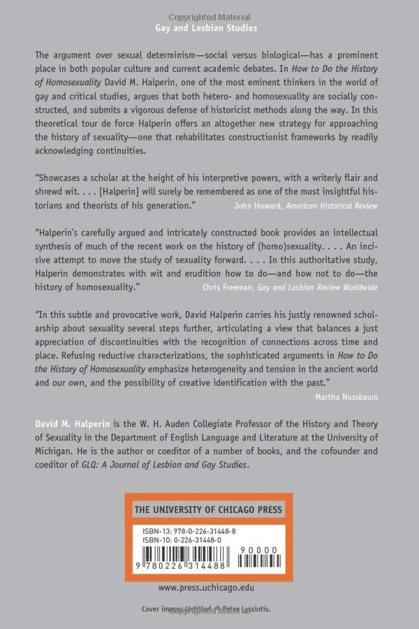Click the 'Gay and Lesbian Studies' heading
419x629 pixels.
click(206, 28)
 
